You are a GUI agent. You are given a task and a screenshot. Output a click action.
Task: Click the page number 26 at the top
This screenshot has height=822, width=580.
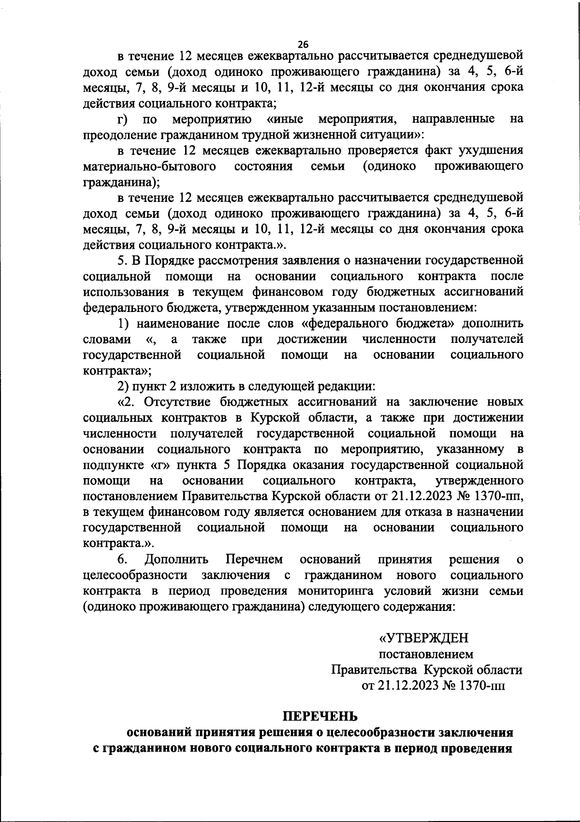pyautogui.click(x=303, y=44)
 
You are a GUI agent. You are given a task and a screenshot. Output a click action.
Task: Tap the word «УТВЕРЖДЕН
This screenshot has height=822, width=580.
pyautogui.click(x=423, y=638)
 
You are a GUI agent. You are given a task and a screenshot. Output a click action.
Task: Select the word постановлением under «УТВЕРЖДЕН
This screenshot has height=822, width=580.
pyautogui.click(x=426, y=654)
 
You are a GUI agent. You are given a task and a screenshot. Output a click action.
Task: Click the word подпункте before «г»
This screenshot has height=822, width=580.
pyautogui.click(x=110, y=465)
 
